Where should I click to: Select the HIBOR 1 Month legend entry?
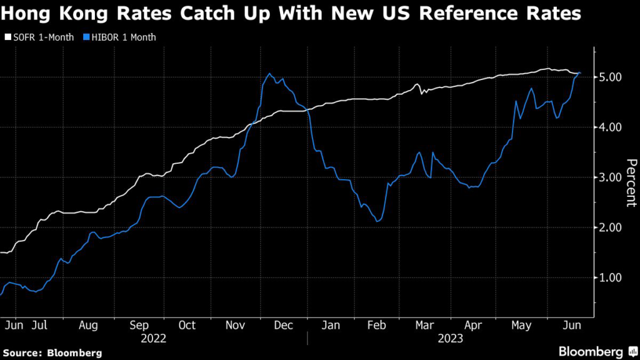point(119,37)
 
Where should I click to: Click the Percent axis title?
point(631,182)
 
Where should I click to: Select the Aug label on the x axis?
point(87,325)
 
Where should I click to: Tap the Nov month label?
point(236,325)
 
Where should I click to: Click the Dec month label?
point(284,325)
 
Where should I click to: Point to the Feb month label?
point(376,325)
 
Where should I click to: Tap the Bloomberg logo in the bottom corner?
point(592,351)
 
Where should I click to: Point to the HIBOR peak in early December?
point(269,74)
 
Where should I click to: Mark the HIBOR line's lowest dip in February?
point(377,221)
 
